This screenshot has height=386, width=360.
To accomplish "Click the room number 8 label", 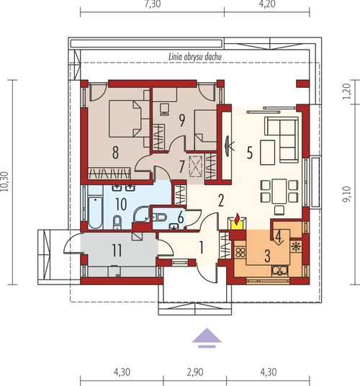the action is point(115,153).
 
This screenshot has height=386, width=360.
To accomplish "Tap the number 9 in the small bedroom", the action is point(182,120).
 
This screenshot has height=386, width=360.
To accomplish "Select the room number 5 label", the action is point(250,153).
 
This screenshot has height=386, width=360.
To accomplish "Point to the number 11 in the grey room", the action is point(117,251).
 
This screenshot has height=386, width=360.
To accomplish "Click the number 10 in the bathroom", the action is point(121,204).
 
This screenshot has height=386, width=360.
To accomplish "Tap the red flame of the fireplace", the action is point(237,219).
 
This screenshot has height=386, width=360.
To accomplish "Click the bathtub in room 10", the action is point(95,212).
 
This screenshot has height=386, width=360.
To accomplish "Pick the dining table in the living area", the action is point(279,191).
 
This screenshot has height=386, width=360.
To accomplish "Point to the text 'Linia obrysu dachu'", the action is point(195,57).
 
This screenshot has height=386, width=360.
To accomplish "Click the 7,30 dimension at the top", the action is point(153,4).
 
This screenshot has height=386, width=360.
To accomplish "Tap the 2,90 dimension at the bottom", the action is point(195,372).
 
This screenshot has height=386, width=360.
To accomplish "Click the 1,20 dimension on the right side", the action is point(346,91).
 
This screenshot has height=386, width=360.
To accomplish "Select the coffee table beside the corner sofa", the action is point(267,153).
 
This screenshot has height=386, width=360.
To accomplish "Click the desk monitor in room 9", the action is point(164,109).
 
